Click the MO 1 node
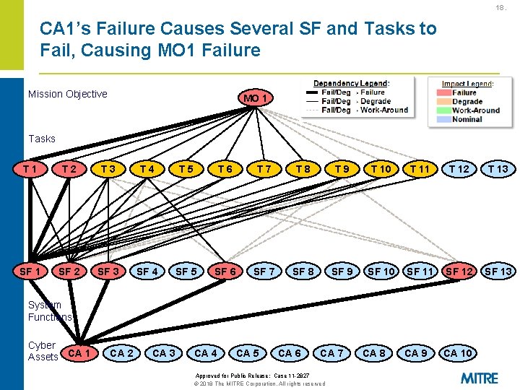(257, 97)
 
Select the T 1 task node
(30, 169)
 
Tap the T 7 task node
(264, 169)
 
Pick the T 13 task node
(498, 169)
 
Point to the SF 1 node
(30, 272)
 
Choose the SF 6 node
(225, 272)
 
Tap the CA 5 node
(248, 353)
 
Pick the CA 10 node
(458, 353)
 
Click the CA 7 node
(331, 353)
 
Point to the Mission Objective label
(67, 94)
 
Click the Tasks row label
(41, 138)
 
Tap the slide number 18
(500, 8)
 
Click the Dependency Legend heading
(351, 83)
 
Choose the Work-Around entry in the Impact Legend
(476, 110)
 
